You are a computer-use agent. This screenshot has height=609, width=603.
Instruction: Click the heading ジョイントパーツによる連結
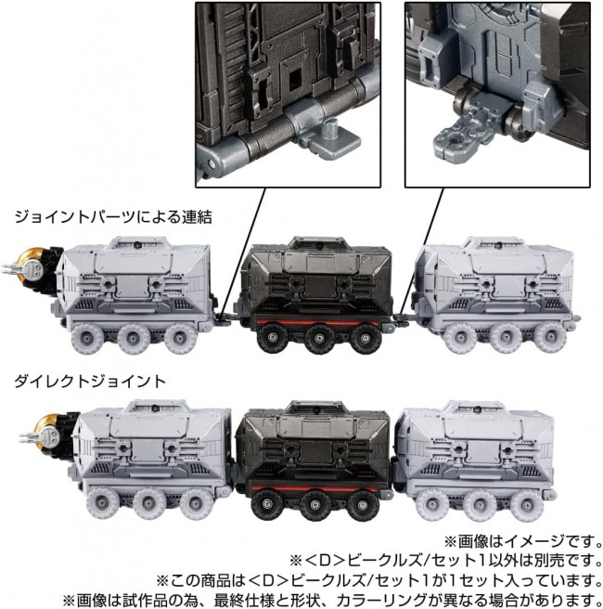click(113, 216)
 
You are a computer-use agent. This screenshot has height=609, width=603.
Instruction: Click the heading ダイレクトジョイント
click(90, 381)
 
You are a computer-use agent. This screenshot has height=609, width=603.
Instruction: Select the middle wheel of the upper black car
click(319, 339)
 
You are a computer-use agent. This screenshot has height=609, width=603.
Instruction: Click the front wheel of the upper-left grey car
click(87, 338)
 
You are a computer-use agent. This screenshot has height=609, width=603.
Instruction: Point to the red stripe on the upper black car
click(314, 322)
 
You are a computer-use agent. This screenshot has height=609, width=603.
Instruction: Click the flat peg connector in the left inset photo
click(334, 143)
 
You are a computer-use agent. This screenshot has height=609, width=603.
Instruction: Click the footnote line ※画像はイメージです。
click(522, 540)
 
